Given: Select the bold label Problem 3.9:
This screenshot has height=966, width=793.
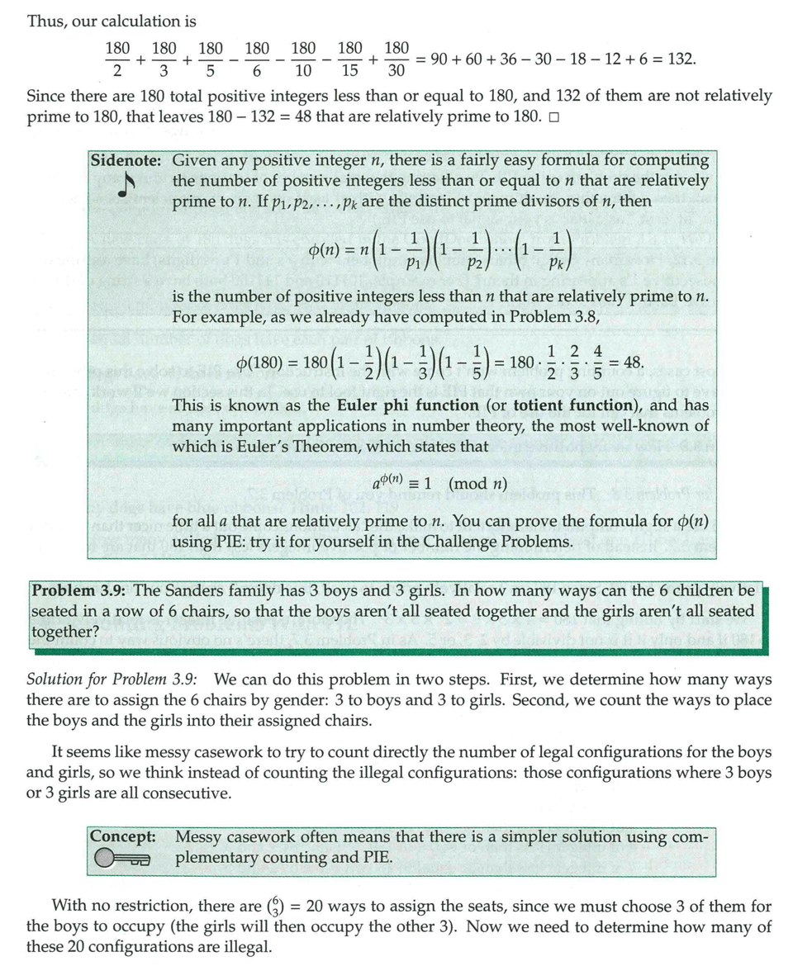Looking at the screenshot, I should tap(79, 590).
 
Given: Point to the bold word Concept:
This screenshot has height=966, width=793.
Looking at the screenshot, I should tap(124, 836).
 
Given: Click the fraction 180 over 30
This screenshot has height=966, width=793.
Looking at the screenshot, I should tap(396, 59).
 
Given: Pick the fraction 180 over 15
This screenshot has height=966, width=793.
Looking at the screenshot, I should tap(350, 59).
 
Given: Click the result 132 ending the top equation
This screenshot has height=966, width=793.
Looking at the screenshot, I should tap(678, 59).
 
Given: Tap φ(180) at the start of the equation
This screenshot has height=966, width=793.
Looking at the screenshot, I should tap(268, 362).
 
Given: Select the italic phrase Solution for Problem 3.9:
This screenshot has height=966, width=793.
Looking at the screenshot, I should tap(112, 680).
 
